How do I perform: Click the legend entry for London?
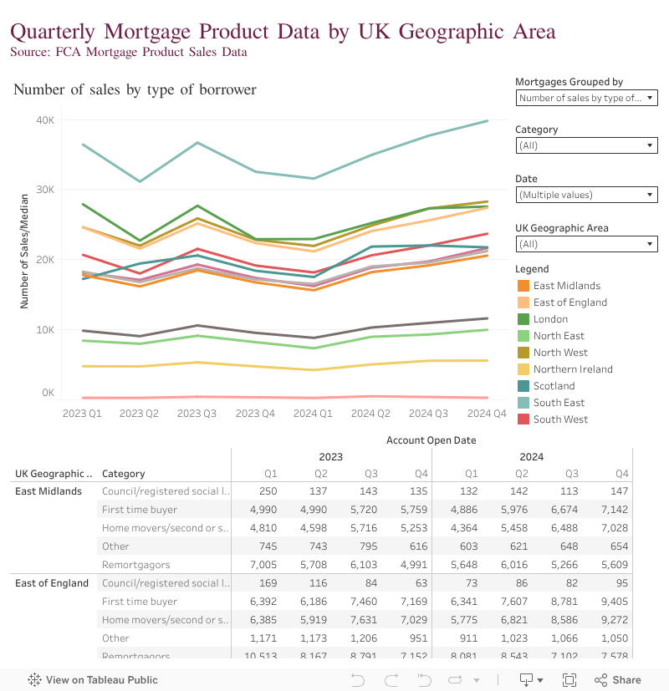550,319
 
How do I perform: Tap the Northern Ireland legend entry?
573,369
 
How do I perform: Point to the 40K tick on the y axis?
45,120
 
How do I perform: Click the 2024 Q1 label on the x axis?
314,413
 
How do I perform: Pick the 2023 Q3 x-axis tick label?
198,413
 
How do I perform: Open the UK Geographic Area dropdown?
586,244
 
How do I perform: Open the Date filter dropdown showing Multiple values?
586,195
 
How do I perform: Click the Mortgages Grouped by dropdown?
586,98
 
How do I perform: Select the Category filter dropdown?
586,145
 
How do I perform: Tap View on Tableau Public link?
93,680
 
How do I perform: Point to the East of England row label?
52,583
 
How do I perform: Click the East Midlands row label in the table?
49,490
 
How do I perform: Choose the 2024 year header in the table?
532,457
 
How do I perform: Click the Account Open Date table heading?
431,439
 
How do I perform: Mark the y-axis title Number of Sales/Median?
25,251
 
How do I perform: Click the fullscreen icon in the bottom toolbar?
569,680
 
